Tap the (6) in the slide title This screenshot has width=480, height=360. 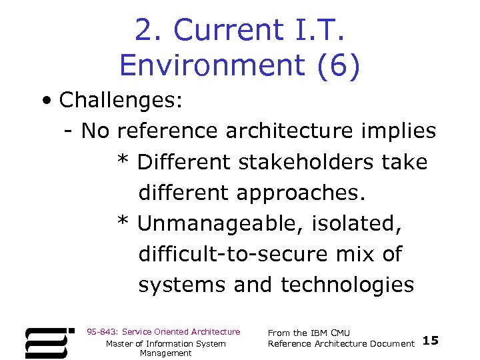338,65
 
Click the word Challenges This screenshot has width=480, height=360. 121,101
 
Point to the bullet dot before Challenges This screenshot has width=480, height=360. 44,101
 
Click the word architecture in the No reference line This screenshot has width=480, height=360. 280,131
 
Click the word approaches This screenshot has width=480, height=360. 301,193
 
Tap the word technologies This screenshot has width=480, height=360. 347,285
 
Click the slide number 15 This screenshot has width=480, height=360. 431,341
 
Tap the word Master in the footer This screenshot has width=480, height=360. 120,343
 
